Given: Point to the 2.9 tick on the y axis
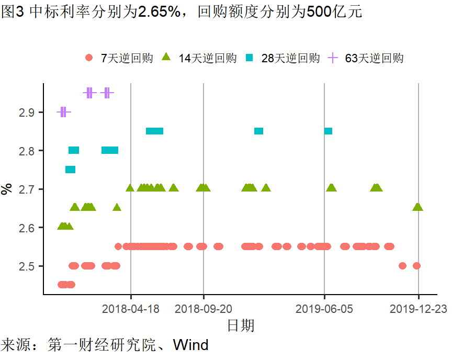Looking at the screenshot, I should point(27,112).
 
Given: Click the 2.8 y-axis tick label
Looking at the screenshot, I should point(27,151).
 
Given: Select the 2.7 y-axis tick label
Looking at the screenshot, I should point(27,189).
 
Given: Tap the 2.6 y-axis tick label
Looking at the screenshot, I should point(27,228).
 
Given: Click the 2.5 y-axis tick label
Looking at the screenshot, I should point(27,266).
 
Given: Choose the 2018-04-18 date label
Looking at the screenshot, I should point(131,309).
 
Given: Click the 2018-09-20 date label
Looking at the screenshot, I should point(203,309).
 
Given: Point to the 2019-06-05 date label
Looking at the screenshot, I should point(324,309).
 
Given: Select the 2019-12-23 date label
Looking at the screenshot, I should point(419,309).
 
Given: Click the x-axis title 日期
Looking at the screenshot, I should point(241,325).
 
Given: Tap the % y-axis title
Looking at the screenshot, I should point(7,189).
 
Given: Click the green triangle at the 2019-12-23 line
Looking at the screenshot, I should point(417,207).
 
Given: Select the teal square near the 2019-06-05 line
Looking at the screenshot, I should point(328,131).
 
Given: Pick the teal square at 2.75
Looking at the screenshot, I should point(70,170).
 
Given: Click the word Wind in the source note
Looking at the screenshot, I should point(191,345).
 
